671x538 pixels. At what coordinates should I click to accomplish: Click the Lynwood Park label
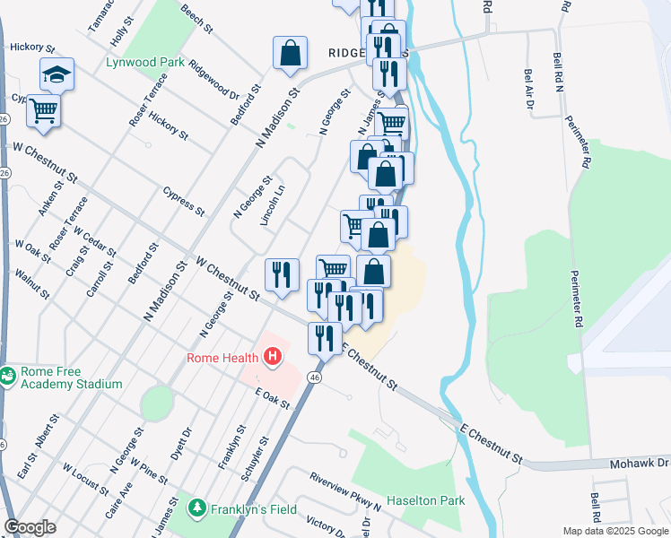tap(144, 63)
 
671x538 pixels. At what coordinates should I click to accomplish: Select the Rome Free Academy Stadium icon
tap(9, 376)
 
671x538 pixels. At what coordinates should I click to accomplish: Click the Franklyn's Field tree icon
tap(196, 508)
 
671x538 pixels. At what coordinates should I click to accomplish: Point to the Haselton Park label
tap(425, 500)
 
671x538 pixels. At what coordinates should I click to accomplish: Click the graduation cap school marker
tap(57, 74)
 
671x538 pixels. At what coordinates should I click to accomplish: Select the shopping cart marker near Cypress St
tap(43, 111)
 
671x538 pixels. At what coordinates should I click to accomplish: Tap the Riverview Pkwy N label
tap(344, 490)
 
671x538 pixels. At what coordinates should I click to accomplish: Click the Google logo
tap(30, 527)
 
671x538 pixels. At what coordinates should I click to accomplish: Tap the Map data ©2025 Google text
tap(614, 531)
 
